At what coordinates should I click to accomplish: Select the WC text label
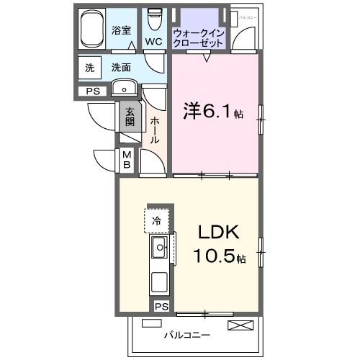[x=153, y=42]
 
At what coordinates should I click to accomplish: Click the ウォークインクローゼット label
[x=198, y=37]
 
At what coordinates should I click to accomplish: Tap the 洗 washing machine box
[x=89, y=68]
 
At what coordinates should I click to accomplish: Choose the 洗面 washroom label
[x=120, y=68]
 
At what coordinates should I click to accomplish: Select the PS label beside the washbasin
[x=92, y=91]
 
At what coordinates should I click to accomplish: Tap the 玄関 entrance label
[x=130, y=116]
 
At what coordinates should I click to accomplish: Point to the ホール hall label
[x=154, y=130]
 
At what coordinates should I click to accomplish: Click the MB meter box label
[x=126, y=159]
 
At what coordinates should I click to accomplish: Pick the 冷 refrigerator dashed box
[x=156, y=221]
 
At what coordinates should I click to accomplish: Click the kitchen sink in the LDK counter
[x=159, y=250]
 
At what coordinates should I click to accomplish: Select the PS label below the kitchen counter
[x=161, y=306]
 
